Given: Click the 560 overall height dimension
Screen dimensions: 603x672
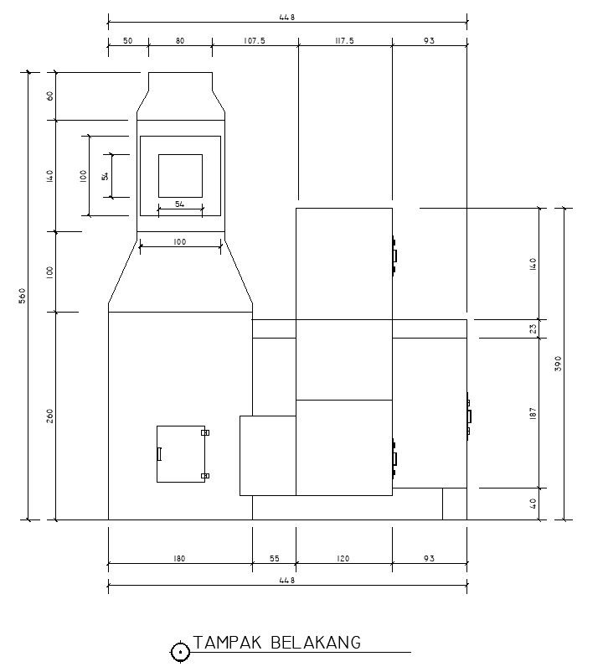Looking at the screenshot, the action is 23,295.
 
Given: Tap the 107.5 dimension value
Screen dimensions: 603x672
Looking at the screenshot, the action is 255,41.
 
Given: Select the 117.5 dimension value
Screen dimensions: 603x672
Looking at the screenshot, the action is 344,41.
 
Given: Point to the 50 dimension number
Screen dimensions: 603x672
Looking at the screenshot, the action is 127,41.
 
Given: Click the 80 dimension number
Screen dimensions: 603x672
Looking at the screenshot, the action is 180,41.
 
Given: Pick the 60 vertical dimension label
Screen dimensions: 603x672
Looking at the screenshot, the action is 50,96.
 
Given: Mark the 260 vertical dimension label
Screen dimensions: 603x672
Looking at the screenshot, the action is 50,416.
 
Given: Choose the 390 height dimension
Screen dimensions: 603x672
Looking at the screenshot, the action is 558,364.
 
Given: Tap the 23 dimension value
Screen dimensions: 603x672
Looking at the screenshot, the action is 533,329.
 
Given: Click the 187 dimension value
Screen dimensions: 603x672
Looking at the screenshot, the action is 533,413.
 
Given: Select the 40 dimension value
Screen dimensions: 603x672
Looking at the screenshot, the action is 533,504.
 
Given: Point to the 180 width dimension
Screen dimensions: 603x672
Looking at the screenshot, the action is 179,558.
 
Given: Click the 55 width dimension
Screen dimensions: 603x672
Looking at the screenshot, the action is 274,558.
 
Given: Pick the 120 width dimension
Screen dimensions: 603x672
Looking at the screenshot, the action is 343,558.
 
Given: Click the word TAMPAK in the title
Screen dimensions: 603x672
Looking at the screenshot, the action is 227,643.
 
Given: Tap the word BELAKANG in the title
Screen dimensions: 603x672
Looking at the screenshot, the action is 316,643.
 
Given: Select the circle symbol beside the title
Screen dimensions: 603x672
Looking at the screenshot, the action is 180,652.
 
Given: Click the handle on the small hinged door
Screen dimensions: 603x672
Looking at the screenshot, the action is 159,454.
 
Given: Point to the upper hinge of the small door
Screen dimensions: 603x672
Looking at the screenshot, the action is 205,432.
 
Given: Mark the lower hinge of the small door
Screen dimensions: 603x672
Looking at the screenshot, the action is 205,476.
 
